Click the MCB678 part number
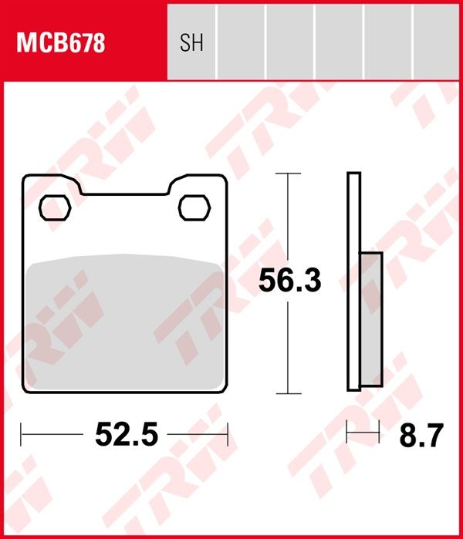(60, 43)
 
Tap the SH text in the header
(191, 43)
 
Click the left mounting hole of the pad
(55, 207)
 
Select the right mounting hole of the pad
(194, 207)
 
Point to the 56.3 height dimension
(290, 280)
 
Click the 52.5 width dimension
(127, 434)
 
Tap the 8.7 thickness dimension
(421, 435)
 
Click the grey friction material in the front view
(124, 322)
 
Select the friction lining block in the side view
(371, 319)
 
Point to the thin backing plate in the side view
(354, 281)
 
